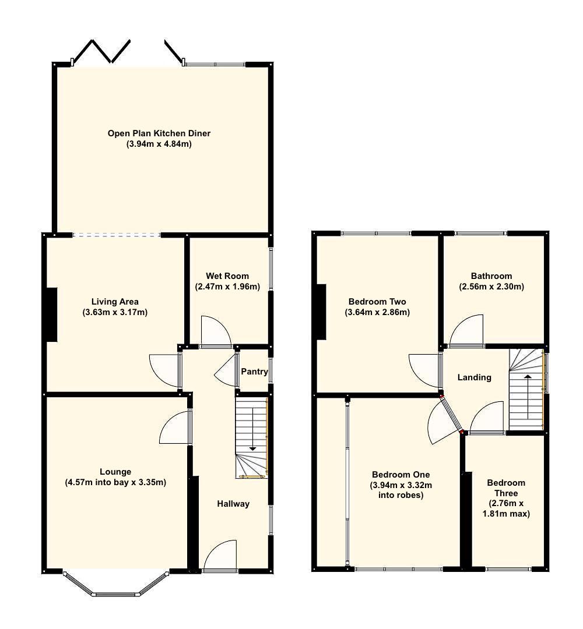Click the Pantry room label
pyautogui.click(x=254, y=371)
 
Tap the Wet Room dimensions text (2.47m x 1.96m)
pyautogui.click(x=227, y=287)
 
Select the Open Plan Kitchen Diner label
pyautogui.click(x=159, y=133)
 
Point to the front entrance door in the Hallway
pyautogui.click(x=220, y=557)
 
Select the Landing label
pyautogui.click(x=474, y=377)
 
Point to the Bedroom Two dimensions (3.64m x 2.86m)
pyautogui.click(x=377, y=312)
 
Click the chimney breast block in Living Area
pyautogui.click(x=51, y=314)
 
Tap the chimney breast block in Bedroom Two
pyautogui.click(x=321, y=311)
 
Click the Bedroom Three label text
pyautogui.click(x=506, y=487)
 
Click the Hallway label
pyautogui.click(x=233, y=504)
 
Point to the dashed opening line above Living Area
pyautogui.click(x=117, y=235)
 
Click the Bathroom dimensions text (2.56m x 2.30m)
pyautogui.click(x=491, y=287)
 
